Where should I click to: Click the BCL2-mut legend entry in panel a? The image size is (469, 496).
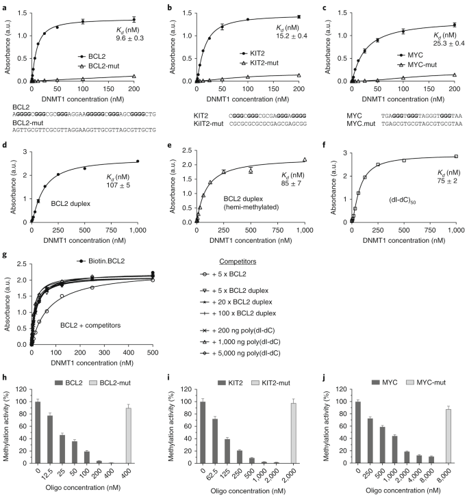point(99,66)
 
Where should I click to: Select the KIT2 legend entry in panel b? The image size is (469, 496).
point(253,53)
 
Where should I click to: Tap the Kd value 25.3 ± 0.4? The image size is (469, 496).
point(448,43)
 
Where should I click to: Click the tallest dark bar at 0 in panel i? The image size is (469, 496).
point(203,432)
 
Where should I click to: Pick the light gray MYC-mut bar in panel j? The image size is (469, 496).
point(448,436)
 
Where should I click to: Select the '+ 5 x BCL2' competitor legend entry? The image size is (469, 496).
point(223,274)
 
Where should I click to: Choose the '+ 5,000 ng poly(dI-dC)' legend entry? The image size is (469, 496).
point(240,353)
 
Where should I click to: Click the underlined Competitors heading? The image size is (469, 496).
point(238,261)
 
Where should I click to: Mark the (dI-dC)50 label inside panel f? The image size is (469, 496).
point(402,200)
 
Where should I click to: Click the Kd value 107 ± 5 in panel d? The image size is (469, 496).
point(118,185)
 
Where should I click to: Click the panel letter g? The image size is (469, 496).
point(4,255)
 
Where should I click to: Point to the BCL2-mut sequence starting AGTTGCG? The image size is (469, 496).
point(84,130)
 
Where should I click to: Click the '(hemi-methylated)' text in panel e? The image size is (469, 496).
point(251,207)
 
